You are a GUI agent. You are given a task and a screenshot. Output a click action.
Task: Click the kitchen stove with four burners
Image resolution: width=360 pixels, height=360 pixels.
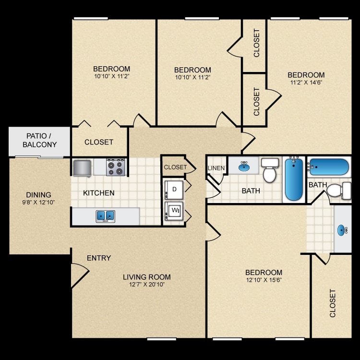coord(116,168)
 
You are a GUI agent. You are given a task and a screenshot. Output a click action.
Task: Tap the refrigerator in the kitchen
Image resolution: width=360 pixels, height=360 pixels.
coord(82,168)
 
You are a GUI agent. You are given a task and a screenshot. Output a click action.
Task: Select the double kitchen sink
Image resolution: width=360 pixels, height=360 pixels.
coord(106,216)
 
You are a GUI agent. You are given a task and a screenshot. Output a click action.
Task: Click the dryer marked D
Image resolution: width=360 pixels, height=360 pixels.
coord(174,190)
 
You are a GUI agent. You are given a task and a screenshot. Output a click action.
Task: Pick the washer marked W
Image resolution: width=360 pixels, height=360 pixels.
coord(174,211)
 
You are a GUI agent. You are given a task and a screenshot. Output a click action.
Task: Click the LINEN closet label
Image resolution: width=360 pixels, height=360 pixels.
coord(216,168)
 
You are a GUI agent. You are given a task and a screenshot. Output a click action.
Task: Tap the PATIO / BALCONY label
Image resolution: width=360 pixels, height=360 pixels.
coord(39,140)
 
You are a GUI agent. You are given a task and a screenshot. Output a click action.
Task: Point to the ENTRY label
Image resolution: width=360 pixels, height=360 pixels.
coord(99,258)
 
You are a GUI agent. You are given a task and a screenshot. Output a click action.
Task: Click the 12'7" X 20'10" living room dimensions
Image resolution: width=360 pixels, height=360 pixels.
coord(147,285)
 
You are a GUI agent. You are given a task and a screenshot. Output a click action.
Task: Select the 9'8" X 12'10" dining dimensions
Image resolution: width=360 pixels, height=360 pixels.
coord(38,202)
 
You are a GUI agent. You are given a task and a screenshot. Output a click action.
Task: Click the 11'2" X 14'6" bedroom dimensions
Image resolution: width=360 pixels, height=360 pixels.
coord(306,83)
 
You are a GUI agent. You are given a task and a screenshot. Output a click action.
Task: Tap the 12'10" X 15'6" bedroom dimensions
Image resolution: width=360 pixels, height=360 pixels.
coord(264,280)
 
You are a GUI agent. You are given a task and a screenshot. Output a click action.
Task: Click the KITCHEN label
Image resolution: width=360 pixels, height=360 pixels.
coord(99,193)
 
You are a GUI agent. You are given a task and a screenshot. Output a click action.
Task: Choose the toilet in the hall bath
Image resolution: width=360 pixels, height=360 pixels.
coord(270,170)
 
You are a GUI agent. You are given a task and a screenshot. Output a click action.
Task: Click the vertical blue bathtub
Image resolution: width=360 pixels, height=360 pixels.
coord(294,180)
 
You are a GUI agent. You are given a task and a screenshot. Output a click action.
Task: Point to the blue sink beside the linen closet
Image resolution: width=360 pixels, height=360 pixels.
coord(244,166)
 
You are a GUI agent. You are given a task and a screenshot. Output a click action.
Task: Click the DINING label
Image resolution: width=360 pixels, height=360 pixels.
coord(38,195)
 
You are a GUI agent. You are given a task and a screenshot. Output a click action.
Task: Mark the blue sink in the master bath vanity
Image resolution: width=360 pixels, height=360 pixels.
coord(342,230)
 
